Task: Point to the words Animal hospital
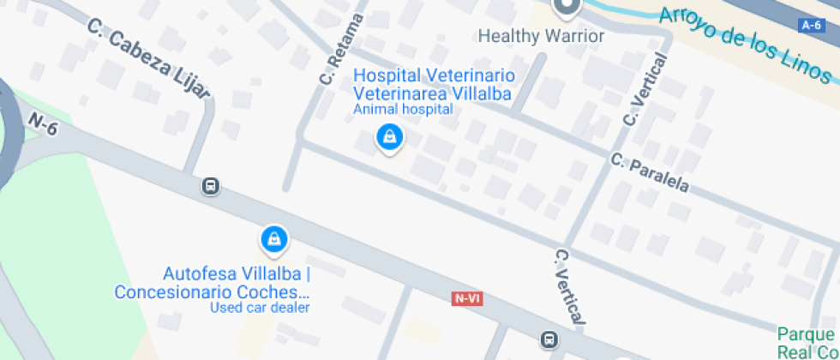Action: (403, 109)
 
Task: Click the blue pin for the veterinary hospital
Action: (389, 137)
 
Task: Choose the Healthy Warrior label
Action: (541, 36)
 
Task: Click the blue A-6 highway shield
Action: (811, 26)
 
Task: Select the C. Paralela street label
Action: (651, 173)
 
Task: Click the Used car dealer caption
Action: (260, 308)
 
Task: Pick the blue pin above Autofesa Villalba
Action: (273, 239)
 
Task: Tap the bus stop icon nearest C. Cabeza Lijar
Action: (210, 186)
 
